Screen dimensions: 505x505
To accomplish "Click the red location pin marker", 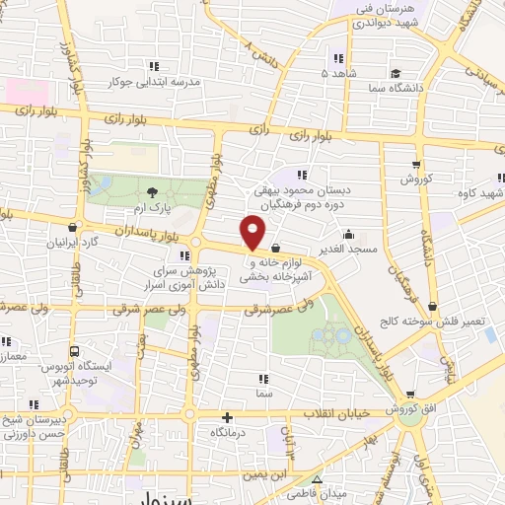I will [253, 230].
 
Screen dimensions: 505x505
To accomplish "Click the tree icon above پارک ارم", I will [152, 192].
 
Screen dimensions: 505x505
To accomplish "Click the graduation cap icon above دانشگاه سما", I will [396, 74].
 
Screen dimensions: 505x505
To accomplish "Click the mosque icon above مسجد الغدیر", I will [348, 235].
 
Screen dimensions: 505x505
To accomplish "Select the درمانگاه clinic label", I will [229, 433].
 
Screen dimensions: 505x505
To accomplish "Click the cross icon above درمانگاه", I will [228, 418].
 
